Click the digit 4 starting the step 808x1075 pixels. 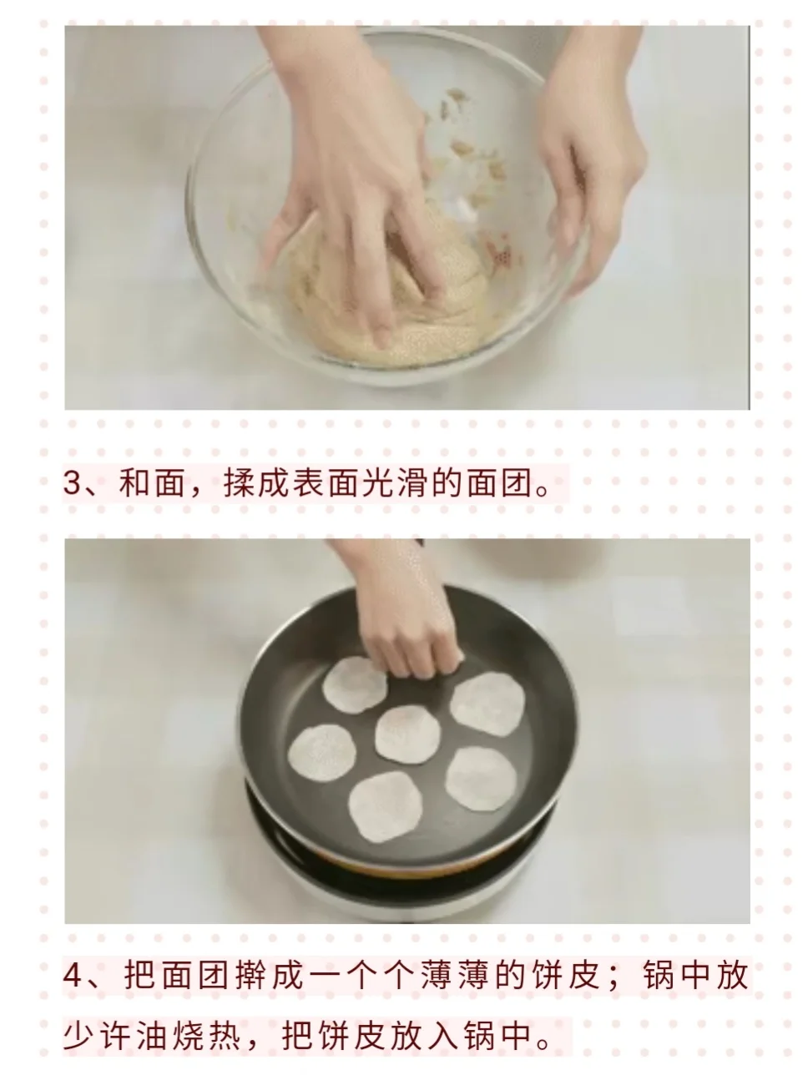click(72, 974)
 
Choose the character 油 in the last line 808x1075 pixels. click(152, 1035)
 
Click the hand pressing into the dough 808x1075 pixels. click(352, 186)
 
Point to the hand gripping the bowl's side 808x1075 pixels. click(590, 157)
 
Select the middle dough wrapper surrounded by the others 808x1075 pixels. click(407, 734)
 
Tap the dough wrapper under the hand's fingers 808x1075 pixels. click(354, 686)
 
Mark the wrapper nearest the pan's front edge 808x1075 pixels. click(385, 807)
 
